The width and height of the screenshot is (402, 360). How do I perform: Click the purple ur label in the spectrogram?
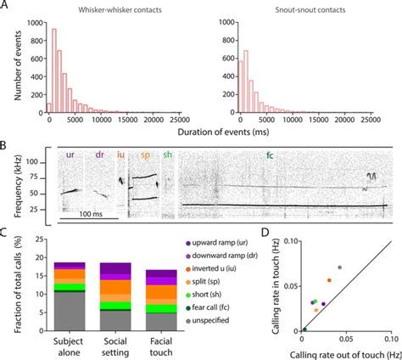[x=69, y=155]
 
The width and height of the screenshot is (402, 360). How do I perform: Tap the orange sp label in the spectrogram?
[x=145, y=155]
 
